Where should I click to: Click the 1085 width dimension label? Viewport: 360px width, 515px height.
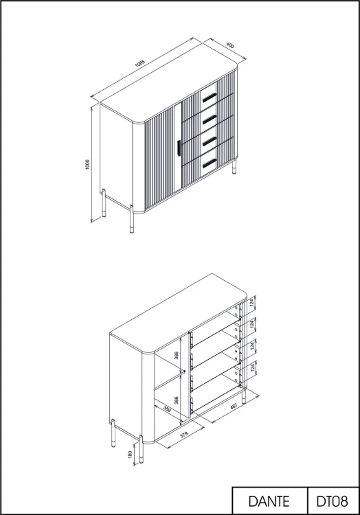point(139,63)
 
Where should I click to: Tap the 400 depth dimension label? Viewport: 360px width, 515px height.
point(230,45)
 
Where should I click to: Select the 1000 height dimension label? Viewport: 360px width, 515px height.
point(87,164)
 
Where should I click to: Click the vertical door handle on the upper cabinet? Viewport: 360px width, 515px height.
point(179,148)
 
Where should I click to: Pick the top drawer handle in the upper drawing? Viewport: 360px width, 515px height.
point(210,98)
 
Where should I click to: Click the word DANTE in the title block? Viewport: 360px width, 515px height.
point(269,501)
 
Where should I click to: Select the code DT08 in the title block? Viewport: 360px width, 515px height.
point(332,501)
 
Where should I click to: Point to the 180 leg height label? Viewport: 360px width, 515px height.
point(130,455)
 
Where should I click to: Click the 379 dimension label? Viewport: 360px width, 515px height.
point(184,435)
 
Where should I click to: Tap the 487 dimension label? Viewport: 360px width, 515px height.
point(234,407)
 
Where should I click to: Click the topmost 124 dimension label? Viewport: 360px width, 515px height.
point(252,302)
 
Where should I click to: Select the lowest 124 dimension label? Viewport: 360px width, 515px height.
point(252,367)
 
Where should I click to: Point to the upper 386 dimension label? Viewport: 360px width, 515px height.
point(177,356)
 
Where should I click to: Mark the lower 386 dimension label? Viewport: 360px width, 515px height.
point(177,400)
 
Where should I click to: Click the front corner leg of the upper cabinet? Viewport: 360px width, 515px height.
point(132,219)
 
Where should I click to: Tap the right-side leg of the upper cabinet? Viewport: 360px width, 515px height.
point(234,167)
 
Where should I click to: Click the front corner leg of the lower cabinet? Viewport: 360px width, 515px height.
point(142,449)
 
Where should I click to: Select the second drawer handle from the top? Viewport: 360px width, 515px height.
point(210,119)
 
